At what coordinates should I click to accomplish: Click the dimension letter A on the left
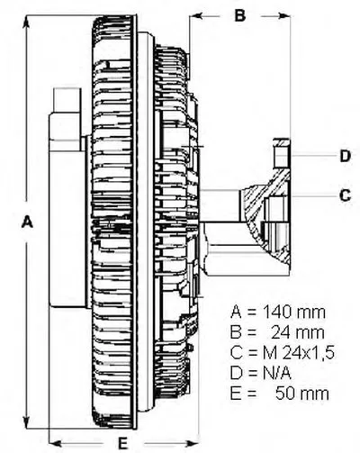27,222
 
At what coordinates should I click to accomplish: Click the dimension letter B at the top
240,15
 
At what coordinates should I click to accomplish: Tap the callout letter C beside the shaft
345,195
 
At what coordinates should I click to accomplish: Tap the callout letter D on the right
345,156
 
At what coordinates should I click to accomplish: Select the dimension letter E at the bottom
122,443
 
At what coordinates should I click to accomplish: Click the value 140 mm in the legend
294,313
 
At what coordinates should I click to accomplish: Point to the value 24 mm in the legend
298,332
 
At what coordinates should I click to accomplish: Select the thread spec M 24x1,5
299,353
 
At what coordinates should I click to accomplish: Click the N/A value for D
277,373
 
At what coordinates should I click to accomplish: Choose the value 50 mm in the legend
302,394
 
